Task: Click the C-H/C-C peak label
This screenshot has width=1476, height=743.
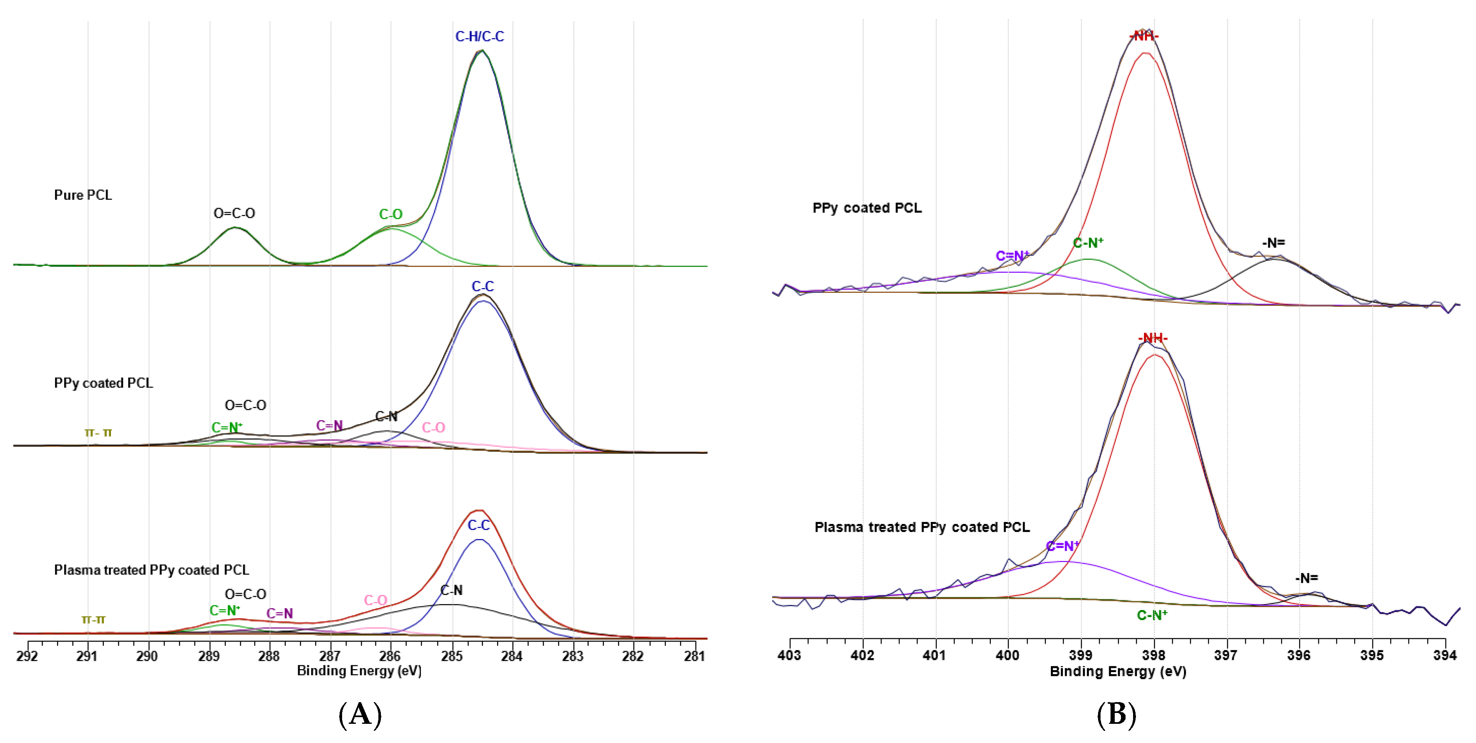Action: [x=480, y=37]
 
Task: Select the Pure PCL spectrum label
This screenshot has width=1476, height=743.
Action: [x=83, y=195]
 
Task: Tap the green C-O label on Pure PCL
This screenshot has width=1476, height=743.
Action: [x=391, y=214]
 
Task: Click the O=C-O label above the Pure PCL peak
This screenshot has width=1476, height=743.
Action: [x=234, y=213]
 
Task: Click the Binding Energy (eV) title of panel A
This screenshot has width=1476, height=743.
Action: [x=359, y=671]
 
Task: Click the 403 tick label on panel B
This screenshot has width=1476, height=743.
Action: [x=790, y=655]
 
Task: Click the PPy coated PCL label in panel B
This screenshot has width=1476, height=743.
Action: [x=867, y=208]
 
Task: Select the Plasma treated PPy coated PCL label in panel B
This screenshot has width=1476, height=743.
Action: [x=922, y=527]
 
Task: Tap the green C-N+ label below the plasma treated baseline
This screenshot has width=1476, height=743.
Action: [x=1152, y=615]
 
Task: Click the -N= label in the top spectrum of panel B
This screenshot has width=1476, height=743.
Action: [x=1273, y=243]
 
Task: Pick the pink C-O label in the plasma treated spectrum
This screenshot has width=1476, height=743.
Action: [x=376, y=600]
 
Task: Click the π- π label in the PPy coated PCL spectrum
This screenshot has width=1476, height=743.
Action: [x=98, y=433]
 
